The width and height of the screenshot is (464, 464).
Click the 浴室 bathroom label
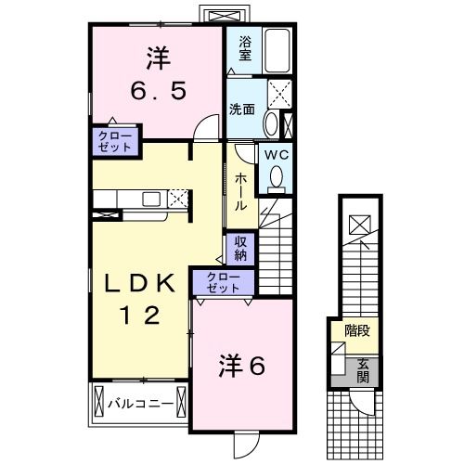pos(244,47)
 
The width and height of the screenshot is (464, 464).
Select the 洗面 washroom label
pos(242,108)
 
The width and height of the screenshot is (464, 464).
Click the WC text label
pos(276,155)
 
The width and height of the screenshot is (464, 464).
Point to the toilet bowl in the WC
pos(276,175)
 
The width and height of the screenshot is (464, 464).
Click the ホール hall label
pos(239,191)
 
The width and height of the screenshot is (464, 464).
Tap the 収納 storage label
pos(239,248)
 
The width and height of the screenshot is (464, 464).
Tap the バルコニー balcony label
pos(138,404)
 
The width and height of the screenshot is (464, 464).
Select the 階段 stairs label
pos(357,329)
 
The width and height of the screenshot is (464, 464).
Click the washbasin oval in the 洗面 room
pos(269,123)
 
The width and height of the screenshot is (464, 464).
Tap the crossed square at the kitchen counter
pos(177,198)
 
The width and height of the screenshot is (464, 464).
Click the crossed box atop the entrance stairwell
pos(358,223)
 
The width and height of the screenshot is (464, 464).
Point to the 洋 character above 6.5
pos(156,58)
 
